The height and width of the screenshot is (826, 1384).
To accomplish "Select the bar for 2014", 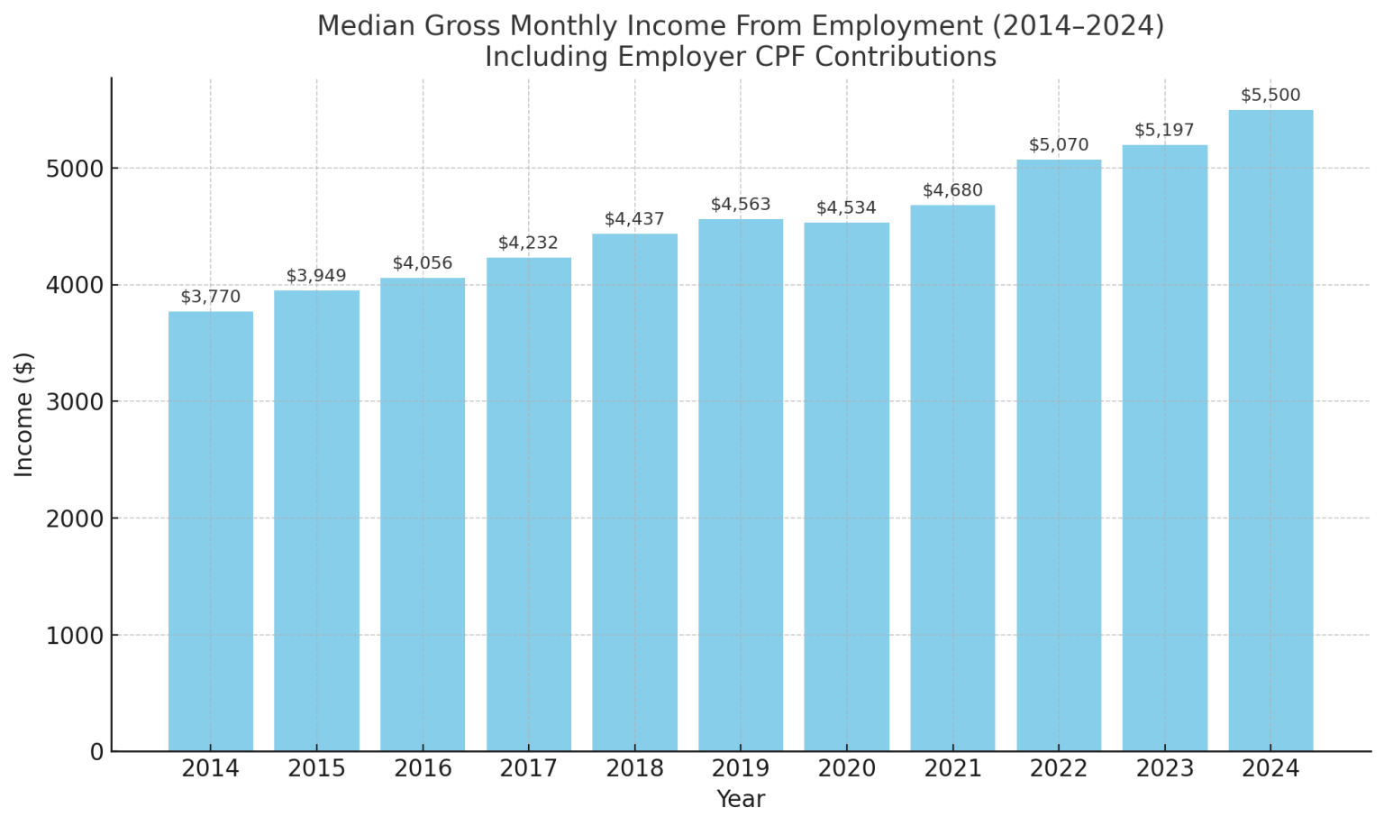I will coord(210,531).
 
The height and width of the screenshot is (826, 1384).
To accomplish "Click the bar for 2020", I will coord(846,487).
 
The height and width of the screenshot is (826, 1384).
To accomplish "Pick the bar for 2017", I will coord(528,504).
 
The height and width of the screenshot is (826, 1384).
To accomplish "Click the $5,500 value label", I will coord(1270,96).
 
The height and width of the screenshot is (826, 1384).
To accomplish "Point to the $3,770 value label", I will coord(210,297).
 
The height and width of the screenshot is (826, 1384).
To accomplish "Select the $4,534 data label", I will coord(846,208).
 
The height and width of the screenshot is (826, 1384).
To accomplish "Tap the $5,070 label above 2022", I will coord(1059,145).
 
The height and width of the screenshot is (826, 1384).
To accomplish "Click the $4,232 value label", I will coord(528,243).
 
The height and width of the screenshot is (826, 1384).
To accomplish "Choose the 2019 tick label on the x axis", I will coord(741,769).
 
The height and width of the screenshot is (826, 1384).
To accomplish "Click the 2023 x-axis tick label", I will coord(1164,769).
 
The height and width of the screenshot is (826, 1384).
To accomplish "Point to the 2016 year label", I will coord(423,769).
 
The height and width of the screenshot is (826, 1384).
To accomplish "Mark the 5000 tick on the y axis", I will coord(74,169).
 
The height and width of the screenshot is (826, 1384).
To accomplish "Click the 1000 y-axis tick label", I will coord(74,636).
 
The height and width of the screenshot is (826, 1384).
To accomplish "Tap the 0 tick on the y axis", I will coord(97,752).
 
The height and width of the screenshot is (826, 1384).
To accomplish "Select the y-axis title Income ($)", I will coord(24,414).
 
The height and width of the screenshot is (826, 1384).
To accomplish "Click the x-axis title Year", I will coord(741,800).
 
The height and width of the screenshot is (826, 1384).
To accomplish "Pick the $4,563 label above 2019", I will coord(741,205).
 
